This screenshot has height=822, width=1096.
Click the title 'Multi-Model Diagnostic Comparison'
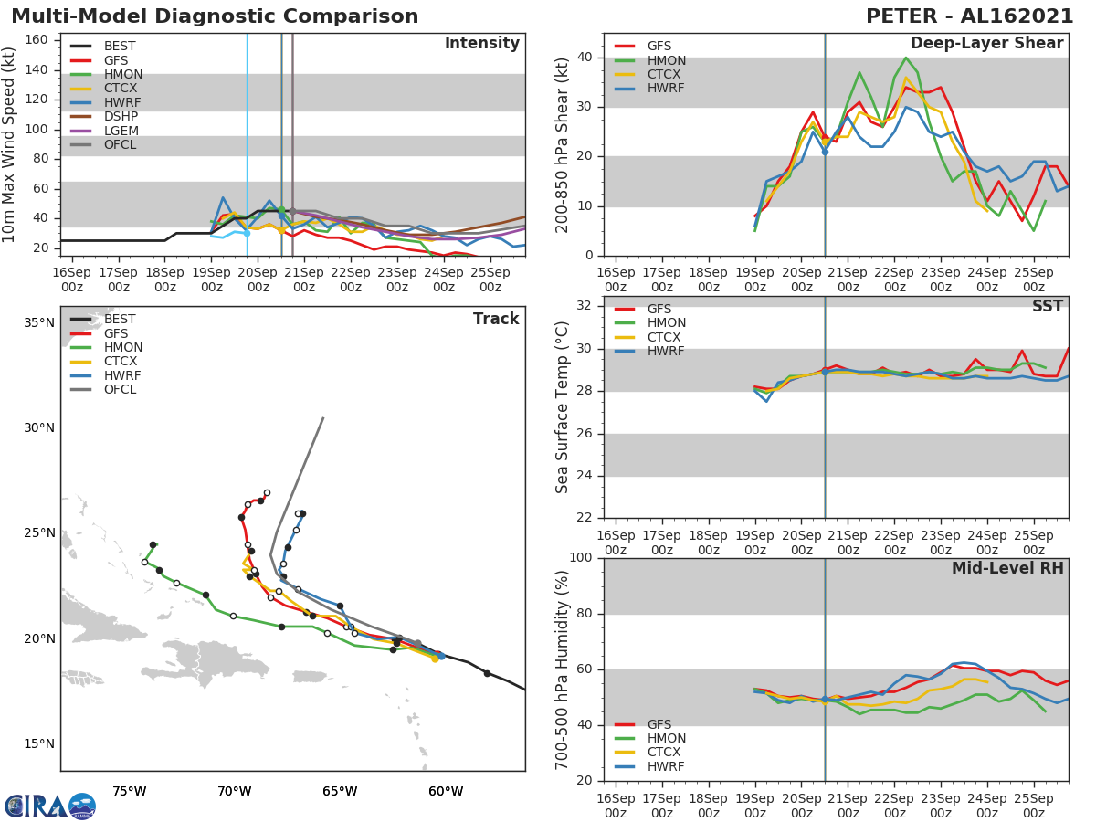coord(215,16)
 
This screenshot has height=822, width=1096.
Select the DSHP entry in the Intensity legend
coord(121,116)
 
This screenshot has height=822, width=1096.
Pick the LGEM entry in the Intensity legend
coord(121,131)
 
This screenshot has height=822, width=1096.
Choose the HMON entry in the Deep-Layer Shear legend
coord(666,60)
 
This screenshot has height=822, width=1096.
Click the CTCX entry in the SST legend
coord(666,337)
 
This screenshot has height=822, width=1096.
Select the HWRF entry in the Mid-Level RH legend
coord(666,766)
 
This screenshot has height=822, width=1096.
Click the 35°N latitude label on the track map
coord(38,322)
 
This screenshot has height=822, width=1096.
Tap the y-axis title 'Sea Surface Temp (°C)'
coord(564,407)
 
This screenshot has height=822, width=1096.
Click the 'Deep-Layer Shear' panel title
coord(986,44)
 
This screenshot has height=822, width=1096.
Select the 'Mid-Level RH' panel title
coord(1006,568)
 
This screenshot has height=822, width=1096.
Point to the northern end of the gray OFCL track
coord(323,418)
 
